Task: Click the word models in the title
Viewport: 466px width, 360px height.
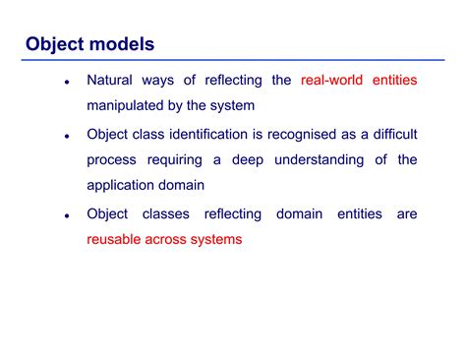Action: (118, 44)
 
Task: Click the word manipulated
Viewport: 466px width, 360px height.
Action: (130, 106)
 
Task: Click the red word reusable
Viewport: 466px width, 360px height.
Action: (115, 239)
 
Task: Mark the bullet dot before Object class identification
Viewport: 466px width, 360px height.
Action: (66, 135)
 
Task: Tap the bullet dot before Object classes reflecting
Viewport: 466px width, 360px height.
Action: (66, 214)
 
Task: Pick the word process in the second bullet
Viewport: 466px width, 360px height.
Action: (111, 159)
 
